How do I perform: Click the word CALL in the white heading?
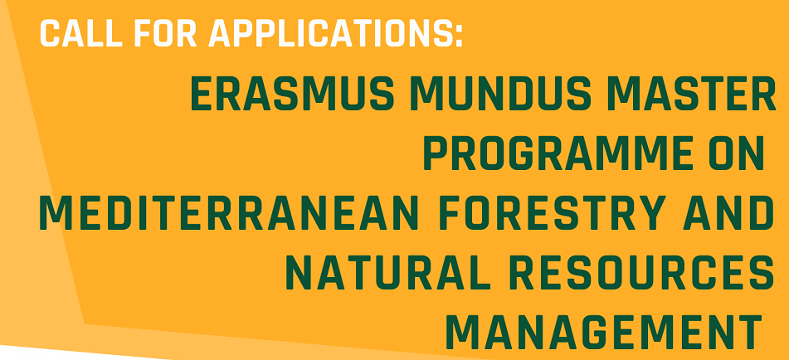[x=81, y=34]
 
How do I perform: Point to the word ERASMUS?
[x=293, y=95]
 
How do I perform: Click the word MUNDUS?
[x=504, y=95]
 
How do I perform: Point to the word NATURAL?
[x=387, y=272]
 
